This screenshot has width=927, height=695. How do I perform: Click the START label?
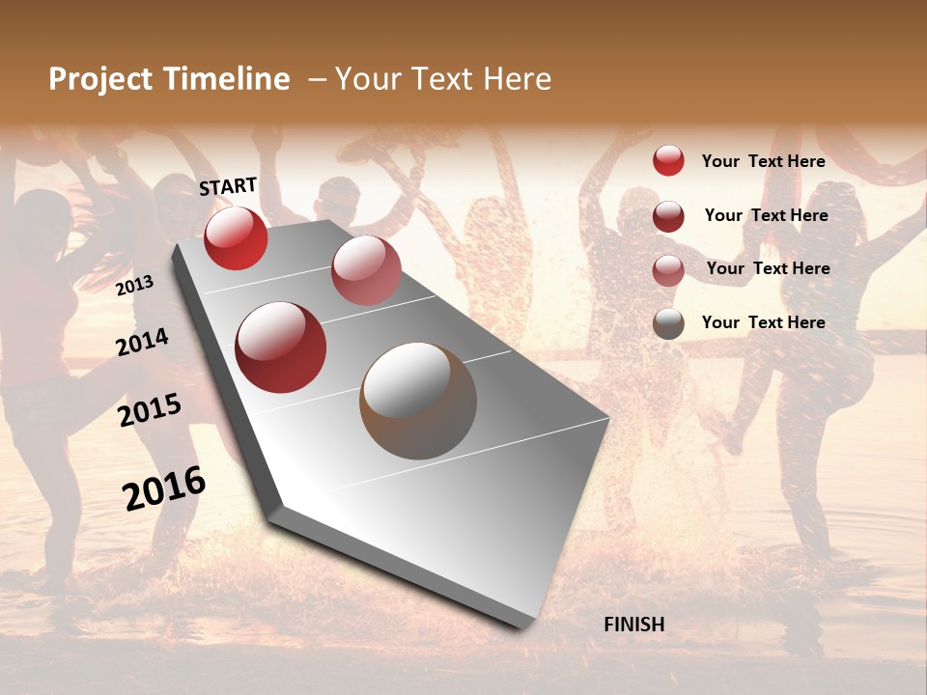[228, 186]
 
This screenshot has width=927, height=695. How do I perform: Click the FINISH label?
[634, 625]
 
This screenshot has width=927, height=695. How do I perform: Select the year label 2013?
[135, 285]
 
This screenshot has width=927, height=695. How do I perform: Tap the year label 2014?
[143, 342]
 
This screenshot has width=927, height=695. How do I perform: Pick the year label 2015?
[150, 411]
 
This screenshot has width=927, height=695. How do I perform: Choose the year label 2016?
[164, 487]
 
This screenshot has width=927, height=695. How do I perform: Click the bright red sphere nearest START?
[236, 238]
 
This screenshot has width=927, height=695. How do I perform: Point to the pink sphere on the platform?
[366, 270]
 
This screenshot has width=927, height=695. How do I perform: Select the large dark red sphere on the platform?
[281, 347]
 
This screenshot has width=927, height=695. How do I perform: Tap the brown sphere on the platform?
[418, 401]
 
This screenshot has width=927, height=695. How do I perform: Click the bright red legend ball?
[668, 160]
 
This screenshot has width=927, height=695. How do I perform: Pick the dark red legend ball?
[668, 216]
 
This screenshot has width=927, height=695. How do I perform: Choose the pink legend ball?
[668, 270]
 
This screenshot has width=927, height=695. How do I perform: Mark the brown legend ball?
[668, 323]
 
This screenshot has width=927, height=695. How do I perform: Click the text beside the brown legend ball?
[763, 322]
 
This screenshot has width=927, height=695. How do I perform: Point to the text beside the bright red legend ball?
[763, 161]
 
